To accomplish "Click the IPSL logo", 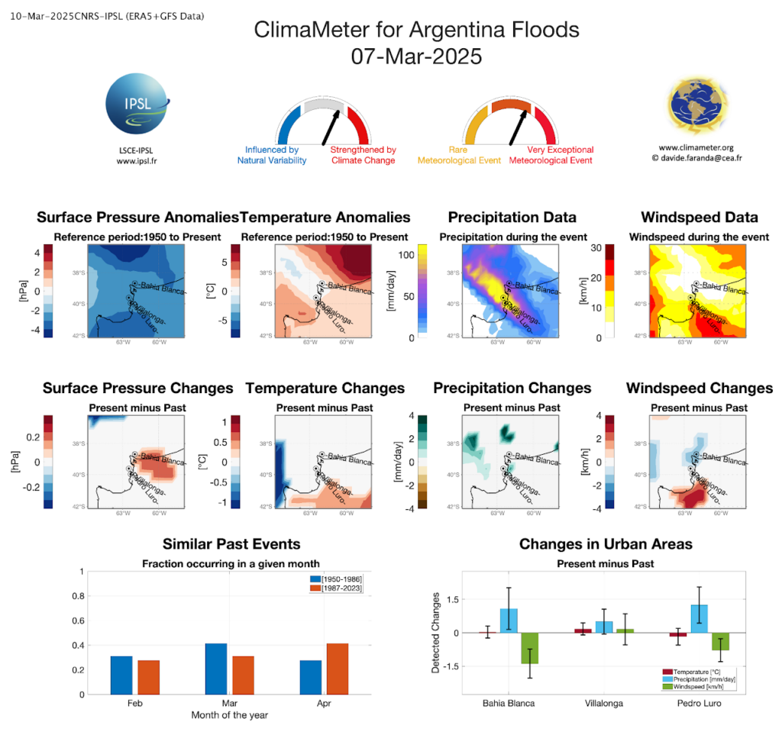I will pos(138,111).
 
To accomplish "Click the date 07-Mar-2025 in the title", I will pos(416,56).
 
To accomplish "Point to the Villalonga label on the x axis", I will pos(603,703).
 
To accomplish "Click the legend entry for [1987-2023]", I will pos(341,588).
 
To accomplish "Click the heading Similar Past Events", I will pos(231,544).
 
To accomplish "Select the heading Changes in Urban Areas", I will pos(606,544).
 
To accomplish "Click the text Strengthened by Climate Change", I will pos(363,155).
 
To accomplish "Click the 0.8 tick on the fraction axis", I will pos(78,595).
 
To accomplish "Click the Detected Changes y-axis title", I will pos(435,632).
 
